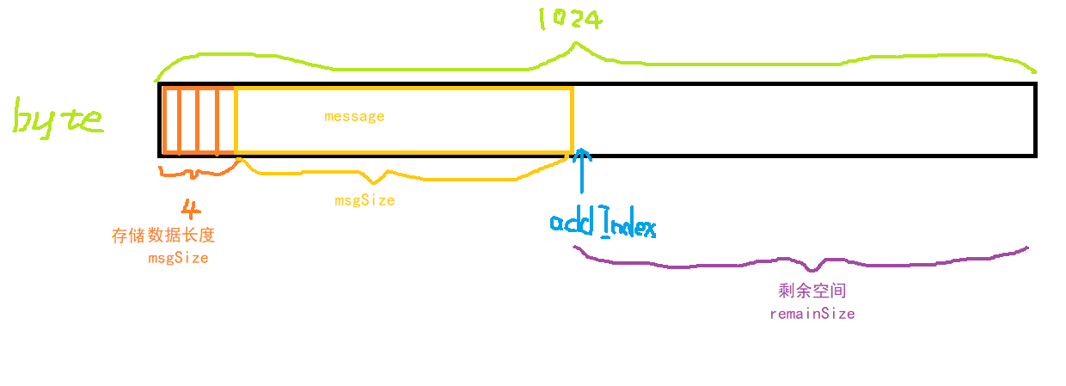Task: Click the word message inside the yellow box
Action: [x=354, y=116]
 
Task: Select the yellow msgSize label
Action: [x=365, y=200]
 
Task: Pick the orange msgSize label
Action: [x=178, y=257]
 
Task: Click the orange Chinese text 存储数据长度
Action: [x=163, y=236]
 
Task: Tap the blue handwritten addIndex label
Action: [x=603, y=224]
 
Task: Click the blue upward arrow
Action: [x=582, y=172]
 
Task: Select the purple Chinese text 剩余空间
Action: [x=812, y=291]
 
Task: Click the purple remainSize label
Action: [x=812, y=314]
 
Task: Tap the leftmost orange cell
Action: [x=170, y=120]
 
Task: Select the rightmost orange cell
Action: [x=226, y=120]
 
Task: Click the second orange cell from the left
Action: [x=188, y=120]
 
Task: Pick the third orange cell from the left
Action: [x=207, y=120]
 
